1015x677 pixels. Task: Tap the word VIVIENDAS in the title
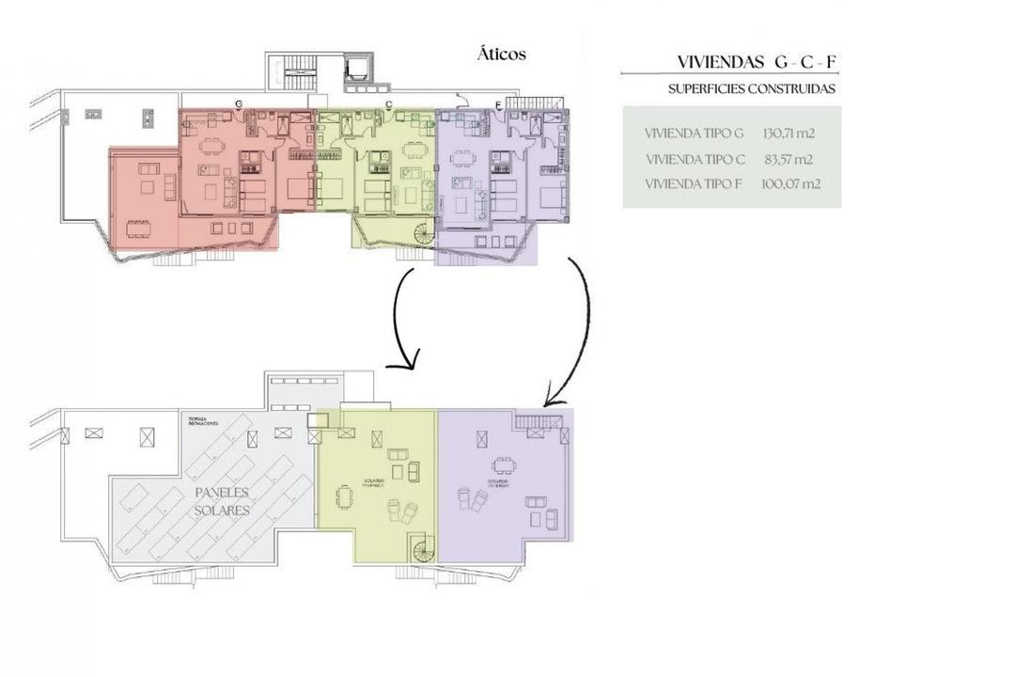pos(721,63)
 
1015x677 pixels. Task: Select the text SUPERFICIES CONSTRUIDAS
pos(751,89)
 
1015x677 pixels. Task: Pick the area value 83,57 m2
pos(788,159)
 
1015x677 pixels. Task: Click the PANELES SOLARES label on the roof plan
pos(223,501)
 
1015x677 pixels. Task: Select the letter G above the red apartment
pos(239,103)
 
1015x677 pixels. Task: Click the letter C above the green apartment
pos(388,104)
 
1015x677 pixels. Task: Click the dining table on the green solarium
pos(346,496)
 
